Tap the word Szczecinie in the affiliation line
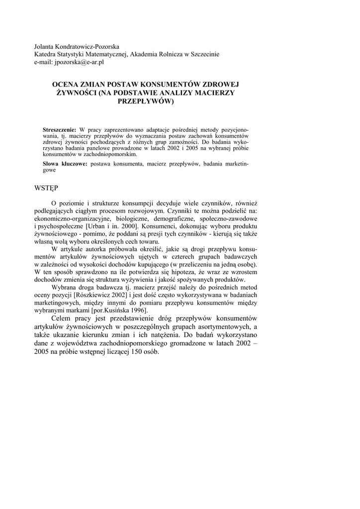(x=203, y=54)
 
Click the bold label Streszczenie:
(x=60, y=129)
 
